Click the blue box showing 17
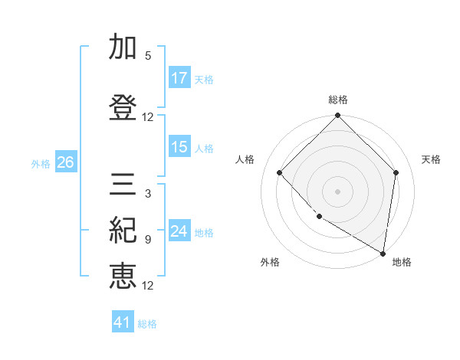click(x=179, y=78)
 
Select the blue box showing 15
click(x=179, y=147)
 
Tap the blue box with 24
click(x=179, y=231)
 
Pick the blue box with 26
click(x=65, y=162)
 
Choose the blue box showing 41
click(x=123, y=322)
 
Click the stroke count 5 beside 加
click(x=147, y=56)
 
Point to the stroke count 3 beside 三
click(x=147, y=194)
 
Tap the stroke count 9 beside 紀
click(x=147, y=240)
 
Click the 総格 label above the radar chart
click(x=338, y=100)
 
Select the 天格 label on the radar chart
click(x=432, y=159)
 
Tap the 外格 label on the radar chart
click(x=270, y=262)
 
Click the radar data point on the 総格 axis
click(x=337, y=116)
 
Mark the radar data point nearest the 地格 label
click(x=383, y=253)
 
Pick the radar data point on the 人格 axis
click(x=280, y=172)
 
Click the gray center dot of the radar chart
click(x=337, y=191)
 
